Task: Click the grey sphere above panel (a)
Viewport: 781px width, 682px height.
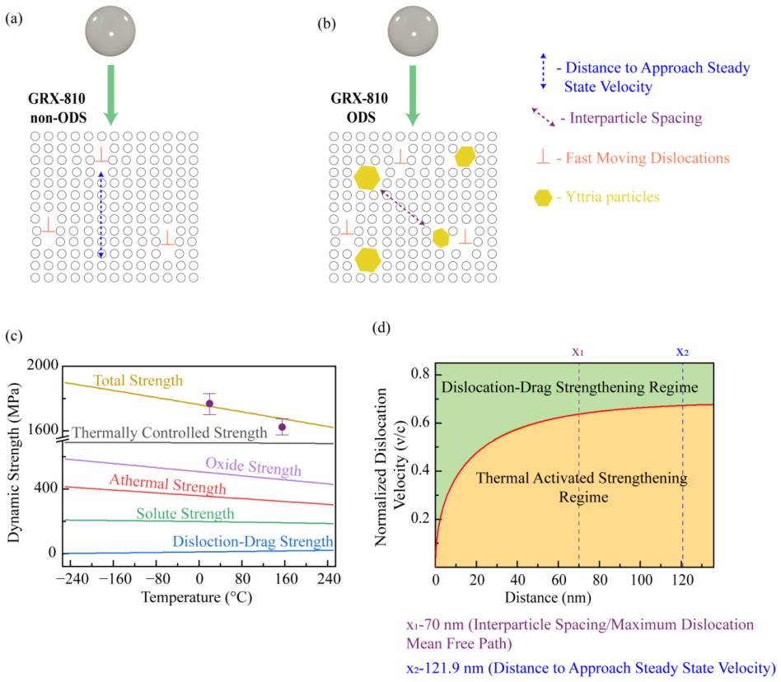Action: [110, 30]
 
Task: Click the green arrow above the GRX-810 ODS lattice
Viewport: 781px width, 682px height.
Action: [413, 96]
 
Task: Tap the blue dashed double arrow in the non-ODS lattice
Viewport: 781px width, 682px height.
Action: [101, 214]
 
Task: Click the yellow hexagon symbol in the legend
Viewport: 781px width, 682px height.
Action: [543, 198]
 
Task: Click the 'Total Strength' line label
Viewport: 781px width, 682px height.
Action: [138, 381]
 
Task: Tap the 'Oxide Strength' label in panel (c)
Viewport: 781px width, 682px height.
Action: [254, 466]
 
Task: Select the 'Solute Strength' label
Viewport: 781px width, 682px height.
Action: [185, 513]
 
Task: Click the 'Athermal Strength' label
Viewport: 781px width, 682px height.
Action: [167, 483]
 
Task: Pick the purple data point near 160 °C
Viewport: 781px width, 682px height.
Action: [282, 427]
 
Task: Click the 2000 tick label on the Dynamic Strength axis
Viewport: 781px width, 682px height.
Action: [43, 365]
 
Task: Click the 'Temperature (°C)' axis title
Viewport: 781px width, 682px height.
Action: [197, 597]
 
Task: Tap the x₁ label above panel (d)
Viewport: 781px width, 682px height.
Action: [578, 352]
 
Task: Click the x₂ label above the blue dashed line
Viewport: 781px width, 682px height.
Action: [682, 352]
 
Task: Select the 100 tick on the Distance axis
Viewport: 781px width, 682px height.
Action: [642, 580]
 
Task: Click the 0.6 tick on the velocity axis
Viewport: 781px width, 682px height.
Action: [420, 423]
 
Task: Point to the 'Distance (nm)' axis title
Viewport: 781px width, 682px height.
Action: [548, 597]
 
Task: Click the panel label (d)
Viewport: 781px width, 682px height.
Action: [381, 328]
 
